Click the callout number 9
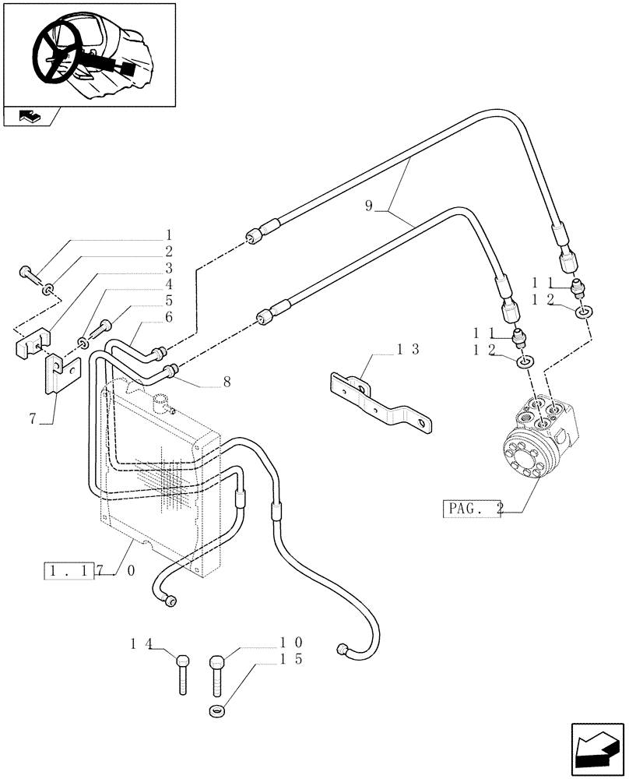click(369, 206)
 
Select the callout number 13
click(408, 349)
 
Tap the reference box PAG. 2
click(472, 509)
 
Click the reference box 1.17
click(80, 570)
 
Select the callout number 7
click(33, 419)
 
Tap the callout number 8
click(227, 382)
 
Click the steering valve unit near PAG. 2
click(540, 441)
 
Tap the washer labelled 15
click(217, 710)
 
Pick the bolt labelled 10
click(217, 675)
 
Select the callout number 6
click(168, 317)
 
